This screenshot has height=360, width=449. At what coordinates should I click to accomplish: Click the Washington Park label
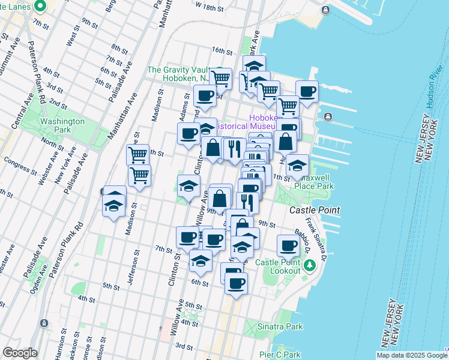pos(62,125)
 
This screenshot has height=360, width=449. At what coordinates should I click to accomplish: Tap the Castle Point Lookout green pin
pos(310,265)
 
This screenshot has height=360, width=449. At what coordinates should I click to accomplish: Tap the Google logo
pos(20,353)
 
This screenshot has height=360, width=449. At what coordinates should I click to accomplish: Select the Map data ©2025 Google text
pos(410,355)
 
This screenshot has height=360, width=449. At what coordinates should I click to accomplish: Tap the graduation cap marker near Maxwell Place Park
pos(297,166)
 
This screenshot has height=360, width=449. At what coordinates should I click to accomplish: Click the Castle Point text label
pos(314,211)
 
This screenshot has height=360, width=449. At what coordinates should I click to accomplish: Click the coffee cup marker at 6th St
pos(236,283)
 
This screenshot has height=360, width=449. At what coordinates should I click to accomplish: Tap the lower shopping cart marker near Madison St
pos(139,176)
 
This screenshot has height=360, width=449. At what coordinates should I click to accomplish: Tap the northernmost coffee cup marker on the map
pos(307,92)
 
